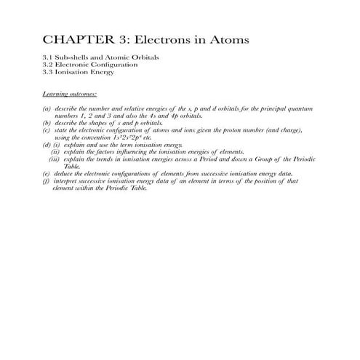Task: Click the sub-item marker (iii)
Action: (x=55, y=159)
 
